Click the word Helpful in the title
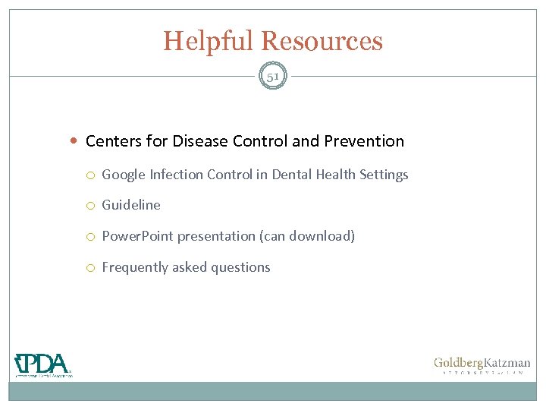pos(209,41)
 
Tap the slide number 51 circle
pos(273,77)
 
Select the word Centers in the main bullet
pos(111,141)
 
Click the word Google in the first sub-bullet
pos(124,175)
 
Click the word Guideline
pos(131,205)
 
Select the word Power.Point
pos(137,236)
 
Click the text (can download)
pos(307,236)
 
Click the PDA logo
pos(43,365)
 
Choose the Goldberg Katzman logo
pos(482,366)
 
